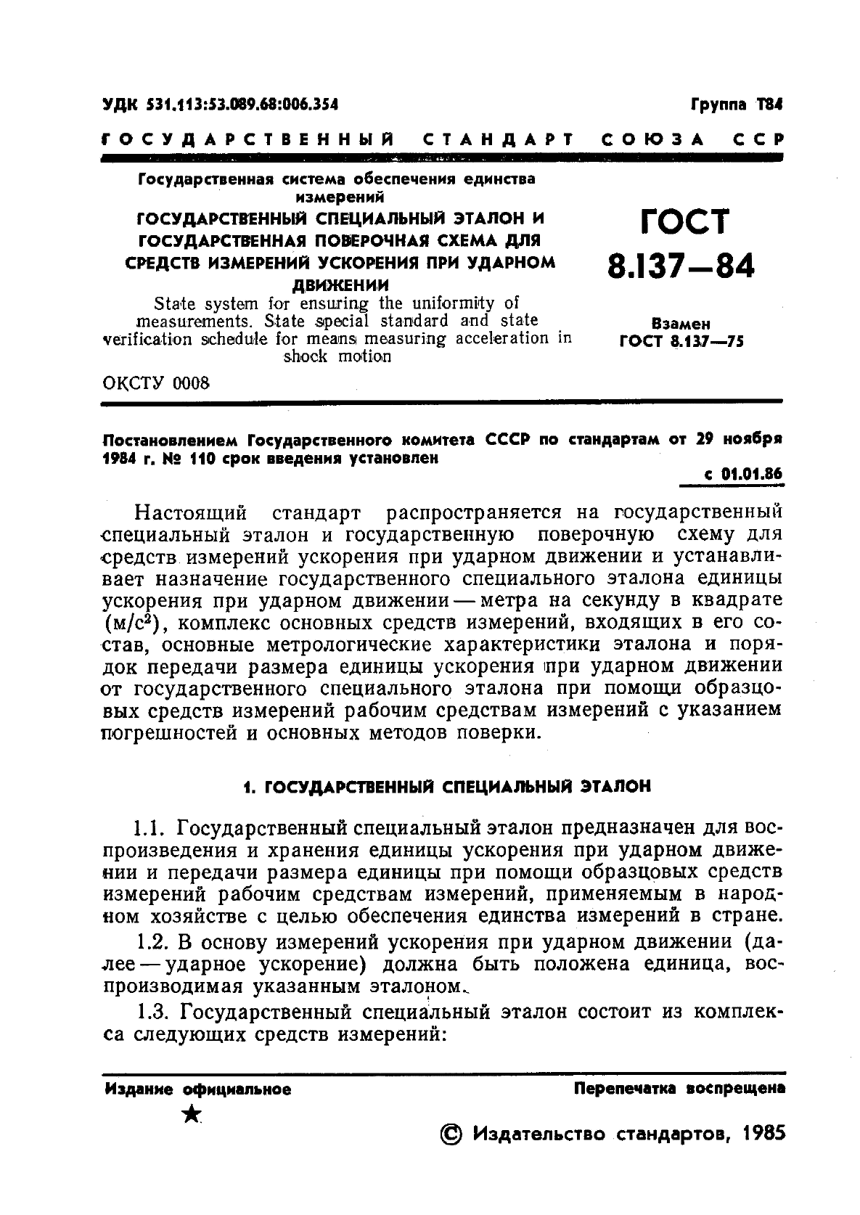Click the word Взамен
[x=681, y=324]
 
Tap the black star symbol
[x=191, y=1115]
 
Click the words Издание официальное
[x=198, y=1089]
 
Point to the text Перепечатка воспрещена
[x=679, y=1089]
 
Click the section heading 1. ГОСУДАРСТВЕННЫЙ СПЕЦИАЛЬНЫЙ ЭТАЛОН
[x=446, y=786]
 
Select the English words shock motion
[x=337, y=356]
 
